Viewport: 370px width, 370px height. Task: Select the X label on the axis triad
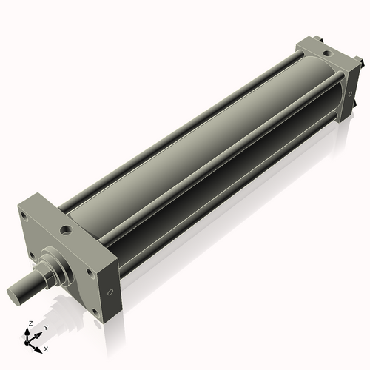point(46,348)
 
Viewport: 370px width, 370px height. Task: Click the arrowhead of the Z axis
point(29,331)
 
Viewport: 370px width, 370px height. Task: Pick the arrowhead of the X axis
point(39,346)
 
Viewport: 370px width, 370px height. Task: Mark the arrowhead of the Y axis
point(39,332)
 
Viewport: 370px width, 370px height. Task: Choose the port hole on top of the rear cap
point(326,53)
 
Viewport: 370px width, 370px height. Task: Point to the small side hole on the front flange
point(110,294)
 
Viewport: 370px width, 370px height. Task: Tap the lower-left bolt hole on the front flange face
point(33,255)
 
